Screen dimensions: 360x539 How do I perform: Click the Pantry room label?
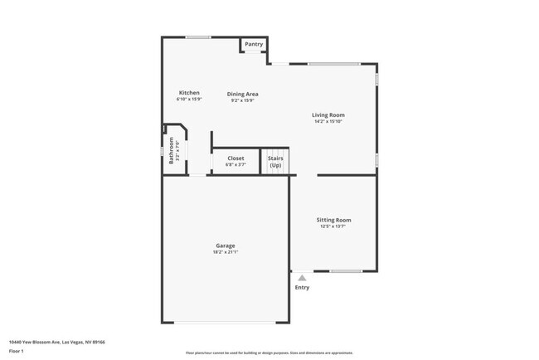pyautogui.click(x=254, y=44)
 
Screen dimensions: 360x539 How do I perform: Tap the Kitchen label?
pyautogui.click(x=189, y=92)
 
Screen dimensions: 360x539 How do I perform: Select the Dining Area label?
pyautogui.click(x=242, y=94)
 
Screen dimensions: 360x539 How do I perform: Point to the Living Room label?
pyautogui.click(x=328, y=114)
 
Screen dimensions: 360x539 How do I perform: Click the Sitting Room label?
pyautogui.click(x=333, y=220)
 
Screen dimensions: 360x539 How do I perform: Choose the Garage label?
pyautogui.click(x=225, y=245)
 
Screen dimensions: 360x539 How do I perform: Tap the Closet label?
pyautogui.click(x=236, y=158)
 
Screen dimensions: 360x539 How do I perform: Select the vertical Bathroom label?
pyautogui.click(x=172, y=149)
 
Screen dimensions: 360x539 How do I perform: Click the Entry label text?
pyautogui.click(x=302, y=288)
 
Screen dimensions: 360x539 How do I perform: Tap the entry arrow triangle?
pyautogui.click(x=302, y=279)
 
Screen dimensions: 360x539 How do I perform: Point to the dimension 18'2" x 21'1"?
pyautogui.click(x=225, y=252)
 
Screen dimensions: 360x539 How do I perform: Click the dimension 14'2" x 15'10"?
pyautogui.click(x=328, y=122)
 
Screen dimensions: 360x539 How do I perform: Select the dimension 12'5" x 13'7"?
pyautogui.click(x=333, y=226)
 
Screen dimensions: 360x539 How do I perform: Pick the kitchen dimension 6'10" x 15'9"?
pyautogui.click(x=189, y=100)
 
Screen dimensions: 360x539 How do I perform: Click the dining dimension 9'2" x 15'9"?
pyautogui.click(x=242, y=101)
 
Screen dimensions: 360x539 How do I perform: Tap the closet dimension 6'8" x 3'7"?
pyautogui.click(x=236, y=164)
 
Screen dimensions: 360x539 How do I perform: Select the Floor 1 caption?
pyautogui.click(x=16, y=351)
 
